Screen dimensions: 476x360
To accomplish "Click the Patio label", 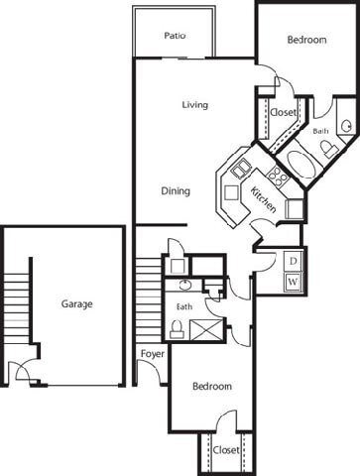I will (x=176, y=36).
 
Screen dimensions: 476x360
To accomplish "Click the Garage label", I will (x=76, y=304).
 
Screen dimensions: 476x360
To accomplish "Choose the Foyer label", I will (x=151, y=353).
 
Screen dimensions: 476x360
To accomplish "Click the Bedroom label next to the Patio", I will (x=306, y=40).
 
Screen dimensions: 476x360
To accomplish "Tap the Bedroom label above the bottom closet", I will (x=212, y=387).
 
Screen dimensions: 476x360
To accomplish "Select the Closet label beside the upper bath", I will (x=286, y=114).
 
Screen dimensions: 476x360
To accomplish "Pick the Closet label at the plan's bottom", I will (x=225, y=449).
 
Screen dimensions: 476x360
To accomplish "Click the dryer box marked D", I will (x=293, y=260).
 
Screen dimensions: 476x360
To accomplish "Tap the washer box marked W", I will (x=293, y=282).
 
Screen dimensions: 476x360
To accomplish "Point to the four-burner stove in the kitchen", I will (x=279, y=179).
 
